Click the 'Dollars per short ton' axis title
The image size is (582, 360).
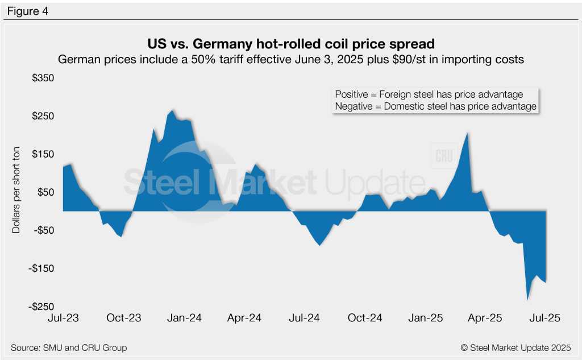tap(16, 192)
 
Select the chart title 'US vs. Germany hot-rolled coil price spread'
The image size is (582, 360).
tap(290, 44)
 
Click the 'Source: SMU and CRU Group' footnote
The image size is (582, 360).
tap(69, 347)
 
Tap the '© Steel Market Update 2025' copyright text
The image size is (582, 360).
tap(516, 347)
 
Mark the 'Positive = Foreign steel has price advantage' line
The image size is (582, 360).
tap(429, 94)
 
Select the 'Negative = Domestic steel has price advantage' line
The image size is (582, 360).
tap(435, 106)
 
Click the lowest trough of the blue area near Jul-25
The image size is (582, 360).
tap(527, 301)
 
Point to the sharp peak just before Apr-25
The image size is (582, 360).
tap(467, 133)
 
